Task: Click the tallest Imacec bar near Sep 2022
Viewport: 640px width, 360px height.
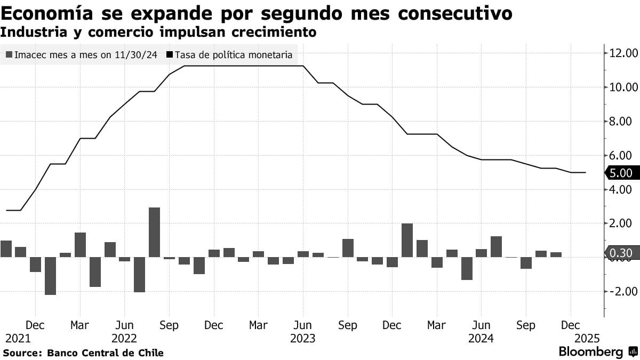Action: (154, 232)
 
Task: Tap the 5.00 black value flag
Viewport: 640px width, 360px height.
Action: (620, 173)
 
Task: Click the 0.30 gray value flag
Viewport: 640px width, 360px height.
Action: (620, 253)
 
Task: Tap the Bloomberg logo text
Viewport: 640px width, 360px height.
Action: (590, 352)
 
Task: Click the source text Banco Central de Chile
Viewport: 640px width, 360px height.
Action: (105, 353)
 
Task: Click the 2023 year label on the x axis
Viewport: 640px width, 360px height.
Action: (302, 339)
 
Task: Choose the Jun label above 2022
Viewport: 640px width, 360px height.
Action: (124, 325)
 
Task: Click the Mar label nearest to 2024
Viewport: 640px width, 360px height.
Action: (437, 325)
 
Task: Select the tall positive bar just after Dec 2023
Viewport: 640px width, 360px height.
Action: (407, 240)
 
